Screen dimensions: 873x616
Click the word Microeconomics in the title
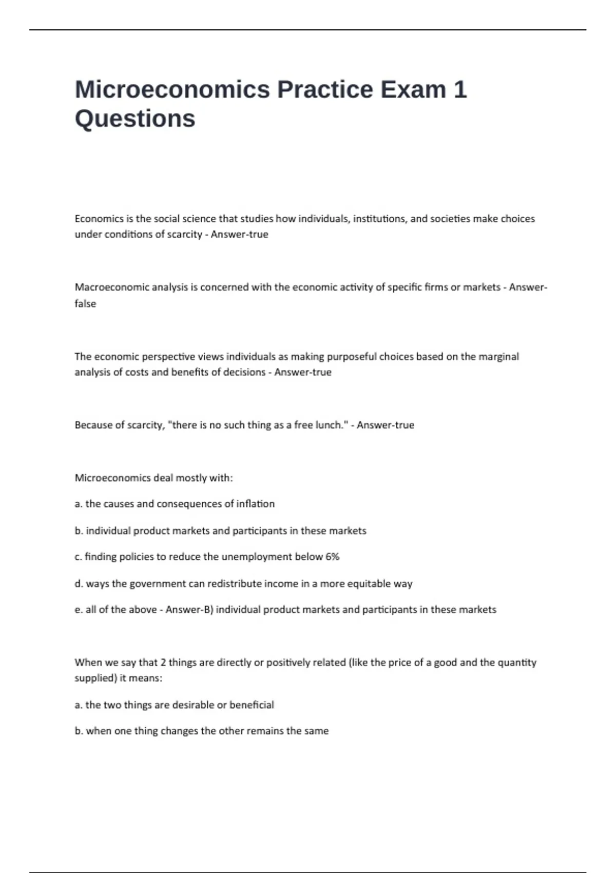click(172, 89)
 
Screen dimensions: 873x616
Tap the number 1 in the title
click(460, 89)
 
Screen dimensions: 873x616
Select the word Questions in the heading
click(135, 119)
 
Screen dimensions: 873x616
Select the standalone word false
click(85, 303)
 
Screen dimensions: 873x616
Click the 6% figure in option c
click(332, 557)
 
